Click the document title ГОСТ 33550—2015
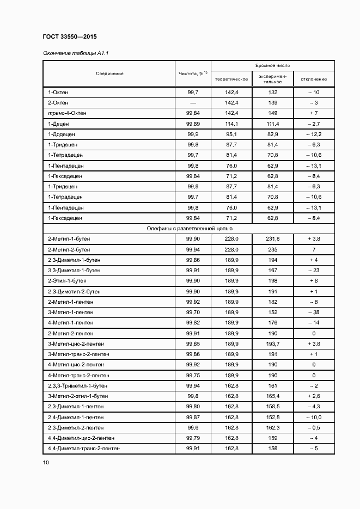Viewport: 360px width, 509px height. (x=69, y=36)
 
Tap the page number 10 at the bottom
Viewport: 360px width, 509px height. (x=46, y=463)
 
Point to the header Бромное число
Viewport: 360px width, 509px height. (x=272, y=65)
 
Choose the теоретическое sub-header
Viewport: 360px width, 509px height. (x=231, y=79)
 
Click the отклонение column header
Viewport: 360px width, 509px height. (x=313, y=79)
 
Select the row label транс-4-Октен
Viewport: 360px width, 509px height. (x=67, y=113)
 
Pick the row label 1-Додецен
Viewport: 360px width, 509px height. (x=62, y=134)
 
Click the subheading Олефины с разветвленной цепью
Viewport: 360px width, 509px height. (x=189, y=229)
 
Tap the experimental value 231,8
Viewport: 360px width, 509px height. (x=272, y=239)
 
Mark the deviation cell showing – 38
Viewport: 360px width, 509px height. (x=313, y=312)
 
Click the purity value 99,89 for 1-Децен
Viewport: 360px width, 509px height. (x=193, y=124)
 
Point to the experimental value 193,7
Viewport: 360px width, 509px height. (x=272, y=344)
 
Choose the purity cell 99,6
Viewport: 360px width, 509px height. (x=193, y=428)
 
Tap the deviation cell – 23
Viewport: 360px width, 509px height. (x=313, y=271)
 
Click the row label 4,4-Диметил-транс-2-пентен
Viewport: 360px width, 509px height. (x=84, y=449)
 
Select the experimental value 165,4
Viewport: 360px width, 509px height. (x=272, y=396)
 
